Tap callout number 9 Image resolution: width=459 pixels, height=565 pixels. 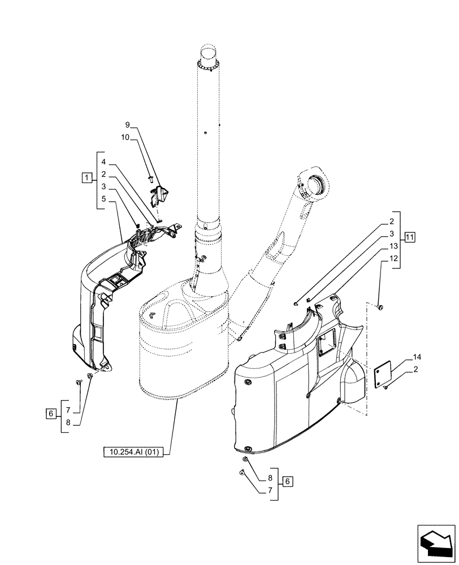point(128,125)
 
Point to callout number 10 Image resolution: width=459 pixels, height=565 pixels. point(125,137)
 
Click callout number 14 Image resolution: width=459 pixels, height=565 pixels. point(417,358)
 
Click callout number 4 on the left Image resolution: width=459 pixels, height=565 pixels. point(105,162)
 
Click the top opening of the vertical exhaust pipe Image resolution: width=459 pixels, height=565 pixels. point(208,56)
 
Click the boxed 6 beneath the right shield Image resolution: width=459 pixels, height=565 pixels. point(288,481)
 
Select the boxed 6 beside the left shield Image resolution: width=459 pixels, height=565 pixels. point(50,414)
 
